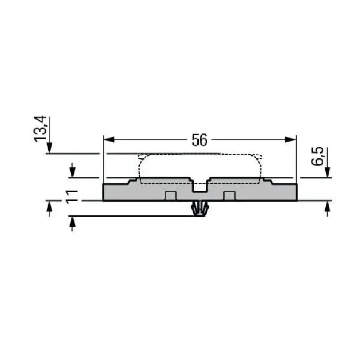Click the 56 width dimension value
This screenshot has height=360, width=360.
(x=200, y=140)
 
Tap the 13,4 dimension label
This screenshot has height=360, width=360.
(x=41, y=129)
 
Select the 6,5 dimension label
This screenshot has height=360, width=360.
(x=317, y=156)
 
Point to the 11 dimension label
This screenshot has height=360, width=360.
(x=72, y=197)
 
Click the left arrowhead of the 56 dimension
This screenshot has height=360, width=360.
(x=109, y=139)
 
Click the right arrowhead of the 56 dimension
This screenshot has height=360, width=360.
(x=291, y=139)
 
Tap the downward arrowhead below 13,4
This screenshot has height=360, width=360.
(x=49, y=148)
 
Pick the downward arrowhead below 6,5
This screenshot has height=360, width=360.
(x=327, y=172)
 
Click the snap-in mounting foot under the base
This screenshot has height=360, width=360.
(x=200, y=208)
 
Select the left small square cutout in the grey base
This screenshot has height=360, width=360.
(x=171, y=196)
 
